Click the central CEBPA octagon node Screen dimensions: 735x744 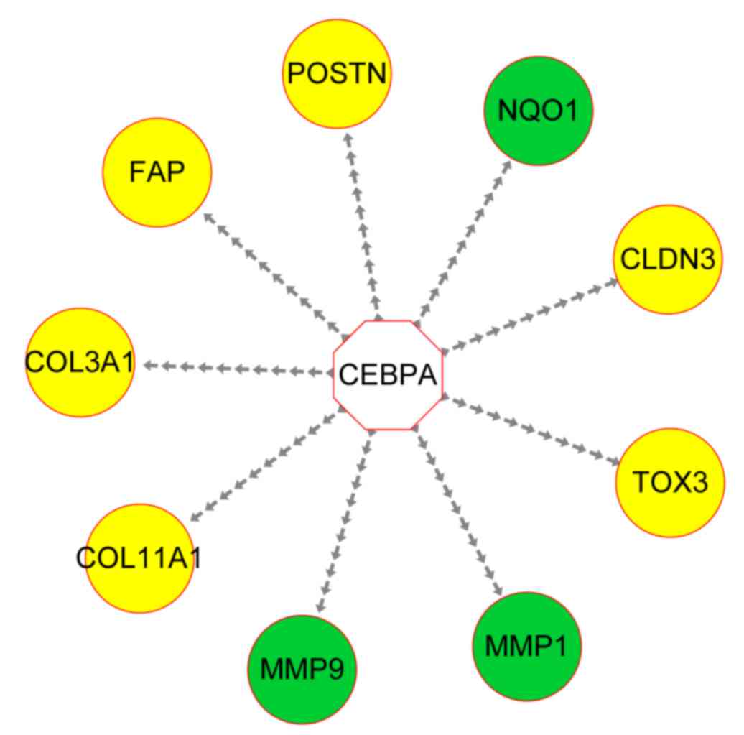[x=389, y=375]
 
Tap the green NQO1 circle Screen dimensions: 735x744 [x=538, y=111]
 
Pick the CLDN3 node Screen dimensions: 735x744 [x=668, y=259]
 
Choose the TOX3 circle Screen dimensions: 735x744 [x=669, y=482]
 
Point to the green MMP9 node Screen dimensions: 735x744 [x=302, y=669]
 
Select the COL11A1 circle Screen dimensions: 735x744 [x=139, y=558]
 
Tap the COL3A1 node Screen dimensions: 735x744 [x=79, y=363]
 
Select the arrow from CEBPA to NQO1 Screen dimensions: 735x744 [x=463, y=240]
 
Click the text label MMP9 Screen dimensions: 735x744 [x=302, y=669]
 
